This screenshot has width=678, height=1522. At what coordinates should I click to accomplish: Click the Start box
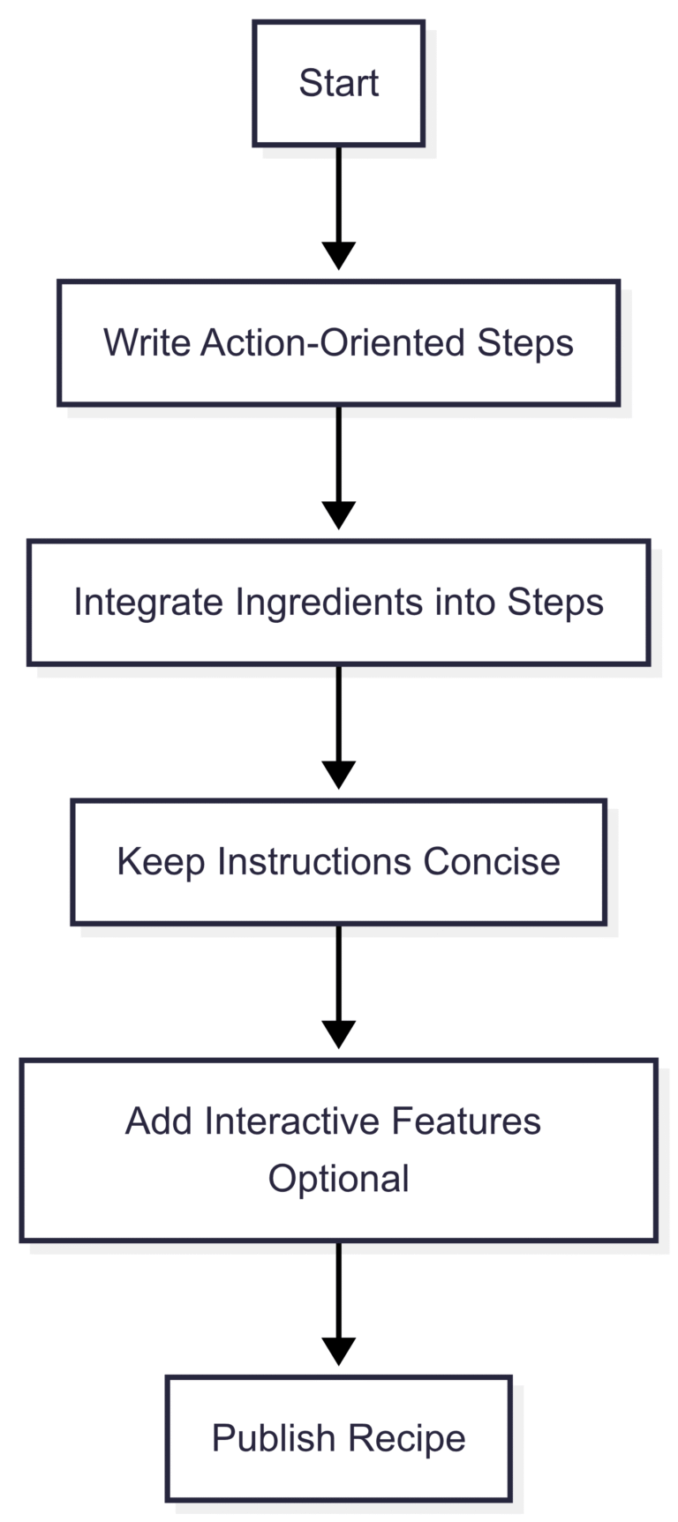coord(338,84)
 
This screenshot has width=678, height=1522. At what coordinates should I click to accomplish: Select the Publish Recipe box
coord(338,1437)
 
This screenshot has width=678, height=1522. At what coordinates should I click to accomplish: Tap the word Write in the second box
coord(147,342)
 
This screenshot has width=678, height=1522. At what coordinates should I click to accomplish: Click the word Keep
coord(162,862)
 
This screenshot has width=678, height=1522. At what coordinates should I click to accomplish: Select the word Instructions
coord(314,862)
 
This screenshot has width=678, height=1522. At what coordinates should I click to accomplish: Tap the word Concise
coord(491,862)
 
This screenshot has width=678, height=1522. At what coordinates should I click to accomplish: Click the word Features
coord(465,1121)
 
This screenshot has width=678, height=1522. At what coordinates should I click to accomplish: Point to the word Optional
coord(338,1179)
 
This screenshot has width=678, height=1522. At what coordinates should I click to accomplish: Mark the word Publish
coord(274,1438)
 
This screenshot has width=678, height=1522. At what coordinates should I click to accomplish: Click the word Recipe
coord(406,1438)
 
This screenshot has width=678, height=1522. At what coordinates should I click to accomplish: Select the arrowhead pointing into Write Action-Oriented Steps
coord(338,255)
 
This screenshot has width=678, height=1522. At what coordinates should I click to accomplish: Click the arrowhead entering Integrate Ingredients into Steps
coord(338,514)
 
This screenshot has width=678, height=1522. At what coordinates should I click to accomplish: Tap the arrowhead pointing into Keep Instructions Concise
coord(338,774)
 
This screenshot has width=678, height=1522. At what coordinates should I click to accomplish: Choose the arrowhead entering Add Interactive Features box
coord(338,1033)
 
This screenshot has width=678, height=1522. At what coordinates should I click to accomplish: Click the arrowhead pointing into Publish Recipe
coord(338,1350)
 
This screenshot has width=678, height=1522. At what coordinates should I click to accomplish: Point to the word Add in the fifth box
coord(159,1121)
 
